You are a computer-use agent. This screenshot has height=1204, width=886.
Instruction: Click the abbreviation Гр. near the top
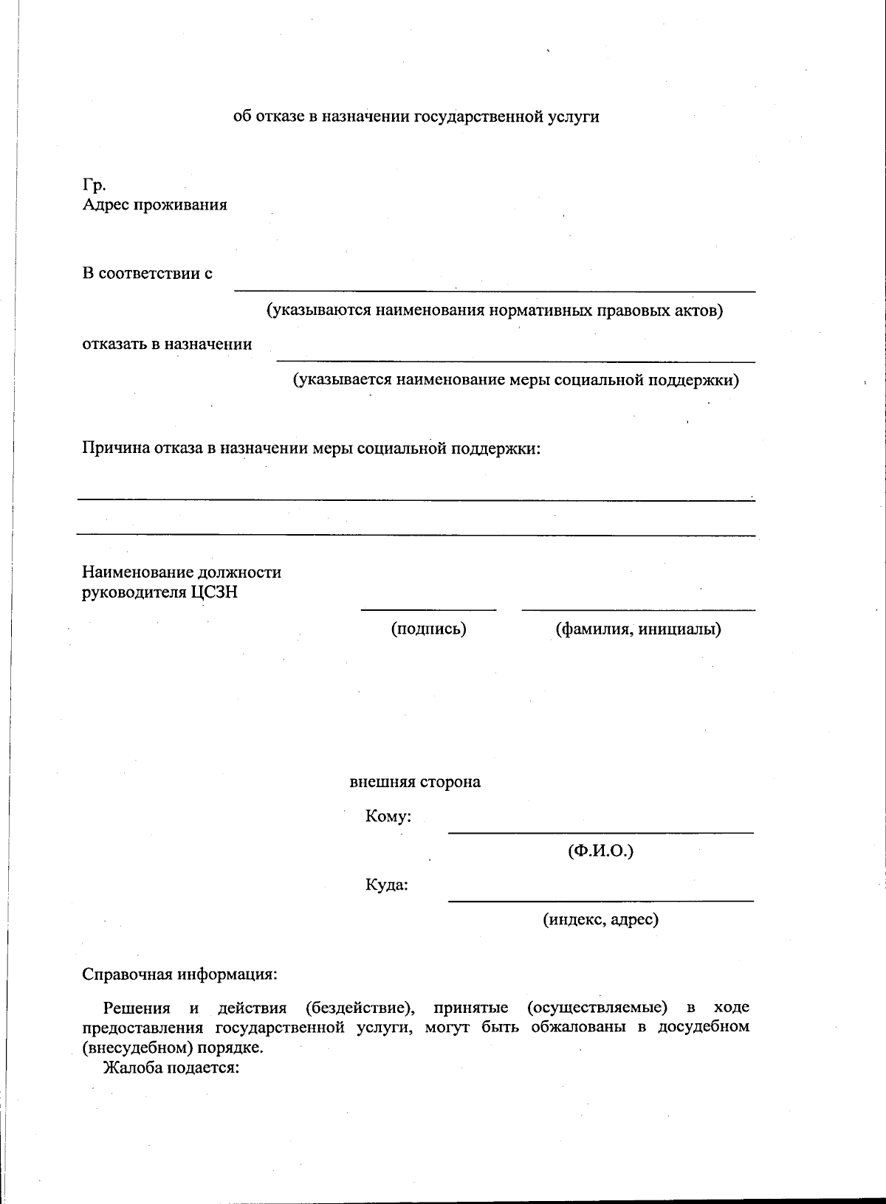coord(95,185)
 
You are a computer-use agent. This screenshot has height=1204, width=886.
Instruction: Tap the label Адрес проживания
coord(154,204)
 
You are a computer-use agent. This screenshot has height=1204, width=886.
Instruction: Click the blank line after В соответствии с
coord(495,289)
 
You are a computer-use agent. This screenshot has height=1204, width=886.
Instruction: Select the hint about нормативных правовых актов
coord(495,310)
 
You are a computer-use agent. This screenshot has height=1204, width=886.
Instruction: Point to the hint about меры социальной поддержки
coord(515,380)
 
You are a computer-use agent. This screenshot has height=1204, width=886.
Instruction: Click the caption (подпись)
coord(428,629)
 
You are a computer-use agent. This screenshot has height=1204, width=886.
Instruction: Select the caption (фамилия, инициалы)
coord(638,629)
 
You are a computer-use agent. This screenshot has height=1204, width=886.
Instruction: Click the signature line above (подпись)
coord(428,609)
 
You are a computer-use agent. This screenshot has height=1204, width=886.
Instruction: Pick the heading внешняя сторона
coord(415,781)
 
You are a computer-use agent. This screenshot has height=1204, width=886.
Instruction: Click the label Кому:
coord(388,816)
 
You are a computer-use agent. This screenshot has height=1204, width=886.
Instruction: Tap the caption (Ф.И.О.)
coord(600,851)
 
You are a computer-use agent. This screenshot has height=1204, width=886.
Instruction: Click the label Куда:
coord(387,884)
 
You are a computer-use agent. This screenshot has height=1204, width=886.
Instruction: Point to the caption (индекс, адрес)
coord(600,919)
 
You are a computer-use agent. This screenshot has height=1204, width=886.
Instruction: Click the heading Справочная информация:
coord(179,974)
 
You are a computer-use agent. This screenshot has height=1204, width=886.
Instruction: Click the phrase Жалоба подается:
coord(171,1068)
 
